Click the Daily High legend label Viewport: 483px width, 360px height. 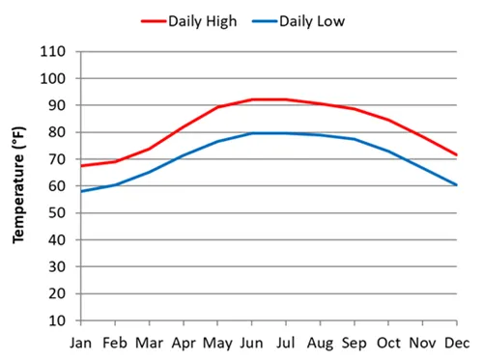204,19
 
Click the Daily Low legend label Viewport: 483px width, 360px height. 312,19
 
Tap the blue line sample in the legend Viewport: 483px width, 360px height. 264,19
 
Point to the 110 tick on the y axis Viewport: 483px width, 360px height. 53,51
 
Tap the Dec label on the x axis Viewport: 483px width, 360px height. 457,342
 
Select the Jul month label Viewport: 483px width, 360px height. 285,342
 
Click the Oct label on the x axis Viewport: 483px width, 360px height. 388,342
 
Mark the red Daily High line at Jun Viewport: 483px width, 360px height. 251,99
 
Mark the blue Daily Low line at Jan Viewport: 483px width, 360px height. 80,191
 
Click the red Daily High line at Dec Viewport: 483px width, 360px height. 456,154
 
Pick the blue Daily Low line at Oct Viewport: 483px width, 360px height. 388,152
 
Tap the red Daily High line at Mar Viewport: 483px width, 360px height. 149,149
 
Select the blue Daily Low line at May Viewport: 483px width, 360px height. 217,141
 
